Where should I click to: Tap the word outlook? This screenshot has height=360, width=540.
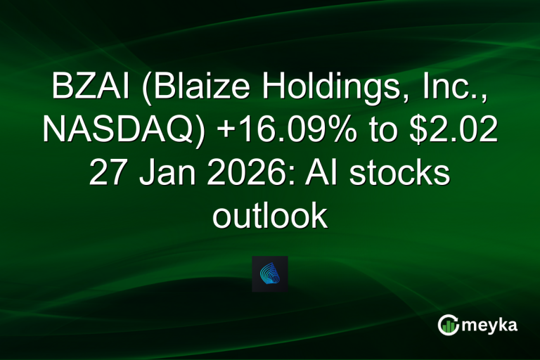click(270, 215)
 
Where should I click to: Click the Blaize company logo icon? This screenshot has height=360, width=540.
click(270, 274)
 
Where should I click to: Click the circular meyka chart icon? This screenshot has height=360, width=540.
click(448, 325)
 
